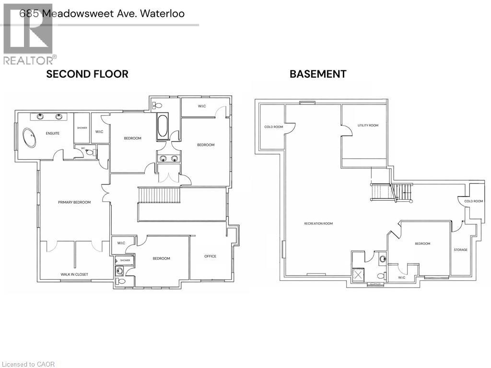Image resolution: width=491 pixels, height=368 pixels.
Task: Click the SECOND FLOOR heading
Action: (87, 74)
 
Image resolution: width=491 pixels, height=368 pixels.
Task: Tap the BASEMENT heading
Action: (317, 74)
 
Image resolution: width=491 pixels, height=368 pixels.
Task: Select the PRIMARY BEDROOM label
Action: (74, 202)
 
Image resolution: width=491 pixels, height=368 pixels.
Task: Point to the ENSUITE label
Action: (53, 133)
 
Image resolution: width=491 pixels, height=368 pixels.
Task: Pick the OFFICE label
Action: (210, 256)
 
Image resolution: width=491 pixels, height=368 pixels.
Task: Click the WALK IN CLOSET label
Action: (74, 275)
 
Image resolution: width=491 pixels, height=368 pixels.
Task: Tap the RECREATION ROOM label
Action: (318, 223)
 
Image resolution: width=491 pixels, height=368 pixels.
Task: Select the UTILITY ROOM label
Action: (368, 126)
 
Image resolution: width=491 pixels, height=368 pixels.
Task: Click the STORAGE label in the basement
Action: (460, 250)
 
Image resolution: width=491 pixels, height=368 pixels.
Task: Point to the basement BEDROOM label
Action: (422, 243)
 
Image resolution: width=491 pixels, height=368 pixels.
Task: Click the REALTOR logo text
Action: (29, 60)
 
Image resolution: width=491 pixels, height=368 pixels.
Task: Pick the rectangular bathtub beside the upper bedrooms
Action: (162, 126)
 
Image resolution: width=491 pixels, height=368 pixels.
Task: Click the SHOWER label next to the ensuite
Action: (82, 128)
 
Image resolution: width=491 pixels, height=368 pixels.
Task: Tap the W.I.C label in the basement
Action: (401, 277)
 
